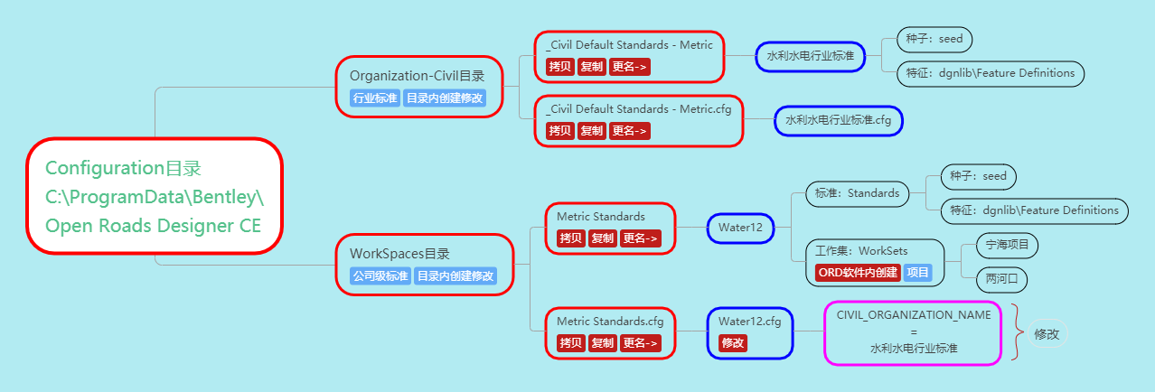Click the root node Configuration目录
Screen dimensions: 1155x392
pyautogui.click(x=155, y=196)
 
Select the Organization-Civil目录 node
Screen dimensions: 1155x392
pyautogui.click(x=417, y=76)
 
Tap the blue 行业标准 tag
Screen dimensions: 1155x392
pyautogui.click(x=375, y=98)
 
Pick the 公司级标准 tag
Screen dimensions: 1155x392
pyautogui.click(x=380, y=276)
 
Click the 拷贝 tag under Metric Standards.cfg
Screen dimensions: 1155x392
pyautogui.click(x=570, y=343)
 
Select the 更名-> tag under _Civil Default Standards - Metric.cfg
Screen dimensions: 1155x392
pyautogui.click(x=630, y=131)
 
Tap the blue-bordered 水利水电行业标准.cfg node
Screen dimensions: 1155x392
pyautogui.click(x=838, y=119)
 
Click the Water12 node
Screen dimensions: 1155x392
pyautogui.click(x=740, y=228)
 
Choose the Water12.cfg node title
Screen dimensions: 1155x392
pyautogui.click(x=749, y=321)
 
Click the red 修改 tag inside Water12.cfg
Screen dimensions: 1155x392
pyautogui.click(x=733, y=343)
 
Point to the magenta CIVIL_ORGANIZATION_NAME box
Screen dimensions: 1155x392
pyautogui.click(x=914, y=331)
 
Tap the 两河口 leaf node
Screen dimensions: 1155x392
pyautogui.click(x=1001, y=279)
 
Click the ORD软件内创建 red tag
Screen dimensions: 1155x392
pyautogui.click(x=857, y=273)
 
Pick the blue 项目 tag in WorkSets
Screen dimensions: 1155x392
pyautogui.click(x=917, y=273)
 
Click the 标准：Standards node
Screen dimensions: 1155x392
pyautogui.click(x=857, y=193)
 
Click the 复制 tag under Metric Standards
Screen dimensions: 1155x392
pyautogui.click(x=602, y=239)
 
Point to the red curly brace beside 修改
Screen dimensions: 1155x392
pyautogui.click(x=1017, y=333)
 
